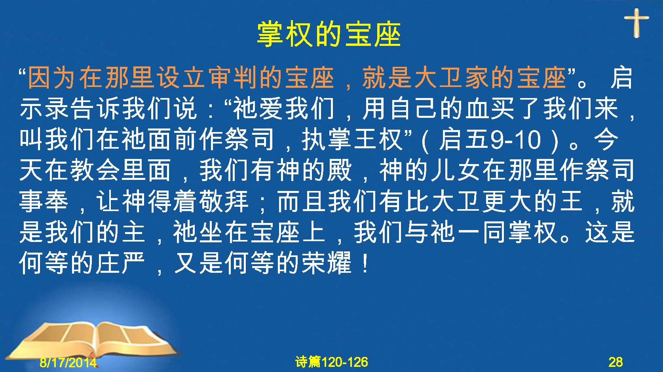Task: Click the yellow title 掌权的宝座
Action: click(x=329, y=35)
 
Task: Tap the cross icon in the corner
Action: click(x=636, y=23)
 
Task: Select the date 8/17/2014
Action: click(x=68, y=362)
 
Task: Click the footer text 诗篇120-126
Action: click(x=332, y=362)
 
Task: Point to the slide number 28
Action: click(x=616, y=362)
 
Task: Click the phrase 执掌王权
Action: click(x=353, y=140)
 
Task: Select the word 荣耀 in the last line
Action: click(x=327, y=263)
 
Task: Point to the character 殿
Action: click(x=340, y=170)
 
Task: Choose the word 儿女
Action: click(x=456, y=170)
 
